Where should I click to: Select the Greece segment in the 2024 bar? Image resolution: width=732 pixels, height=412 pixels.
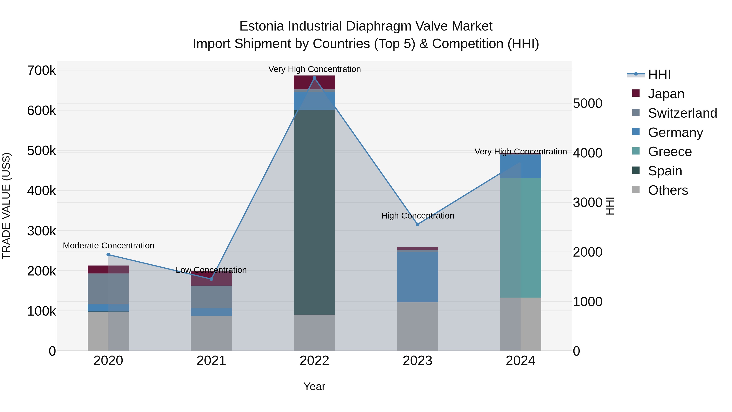pos(521,238)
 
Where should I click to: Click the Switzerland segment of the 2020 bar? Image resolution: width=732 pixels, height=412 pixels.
pos(108,289)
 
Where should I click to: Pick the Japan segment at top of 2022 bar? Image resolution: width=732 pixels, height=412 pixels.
pos(314,82)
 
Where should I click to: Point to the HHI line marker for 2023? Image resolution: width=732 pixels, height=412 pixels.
pos(417,224)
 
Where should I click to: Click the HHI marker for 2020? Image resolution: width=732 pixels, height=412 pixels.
pos(108,255)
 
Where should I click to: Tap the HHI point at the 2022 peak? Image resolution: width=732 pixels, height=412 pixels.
pos(314,78)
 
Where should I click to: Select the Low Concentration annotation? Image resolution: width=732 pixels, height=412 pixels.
pos(211,270)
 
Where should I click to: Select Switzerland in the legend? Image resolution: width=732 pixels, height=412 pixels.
pos(682,113)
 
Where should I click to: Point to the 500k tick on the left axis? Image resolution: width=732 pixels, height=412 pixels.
pos(41,151)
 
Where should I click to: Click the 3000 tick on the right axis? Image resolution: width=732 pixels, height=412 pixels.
pos(587,203)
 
